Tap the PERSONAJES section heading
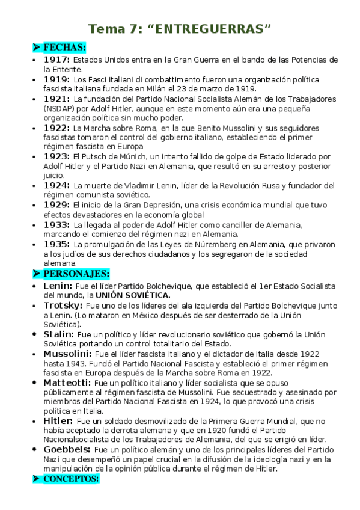(x=76, y=274)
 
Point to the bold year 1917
(x=56, y=60)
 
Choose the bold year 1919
(x=56, y=79)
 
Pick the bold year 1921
(x=56, y=99)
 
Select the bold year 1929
(x=56, y=205)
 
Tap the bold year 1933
(x=56, y=224)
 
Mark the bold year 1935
(x=56, y=244)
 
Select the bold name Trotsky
(x=63, y=306)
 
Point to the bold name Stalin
(x=58, y=334)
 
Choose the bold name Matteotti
(x=67, y=382)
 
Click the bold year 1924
(x=56, y=185)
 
